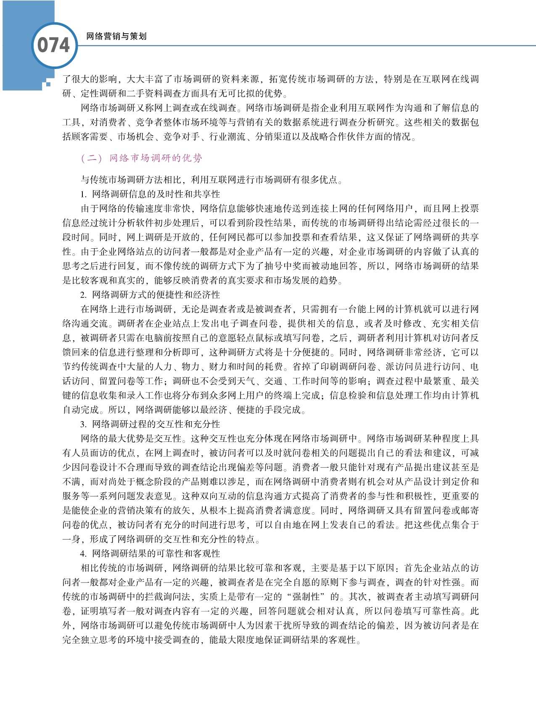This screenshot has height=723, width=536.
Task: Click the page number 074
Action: pos(53,45)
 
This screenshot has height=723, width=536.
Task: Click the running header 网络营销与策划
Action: pos(116,37)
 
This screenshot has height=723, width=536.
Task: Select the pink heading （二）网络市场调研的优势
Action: pos(142,158)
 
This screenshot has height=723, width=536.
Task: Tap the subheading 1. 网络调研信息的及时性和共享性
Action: pos(150,194)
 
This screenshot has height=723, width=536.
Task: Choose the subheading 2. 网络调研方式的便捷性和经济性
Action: pos(150,295)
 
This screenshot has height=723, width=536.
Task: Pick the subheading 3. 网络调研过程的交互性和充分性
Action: pos(150,424)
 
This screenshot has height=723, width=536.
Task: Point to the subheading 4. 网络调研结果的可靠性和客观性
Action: pos(150,553)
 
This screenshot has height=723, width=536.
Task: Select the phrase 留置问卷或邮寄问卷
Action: pos(437,510)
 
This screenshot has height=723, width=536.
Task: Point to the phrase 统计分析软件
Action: pos(136,223)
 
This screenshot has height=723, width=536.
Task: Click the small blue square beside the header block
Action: pos(48,84)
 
